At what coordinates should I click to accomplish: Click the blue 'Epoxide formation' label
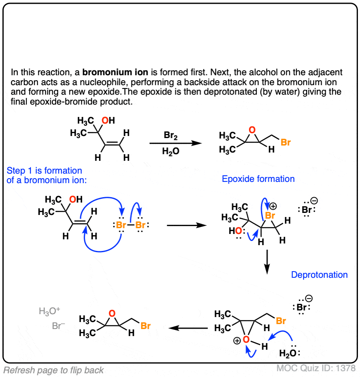pyautogui.click(x=258, y=179)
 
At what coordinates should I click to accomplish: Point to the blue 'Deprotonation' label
pyautogui.click(x=319, y=274)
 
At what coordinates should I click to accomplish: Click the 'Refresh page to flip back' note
pyautogui.click(x=54, y=370)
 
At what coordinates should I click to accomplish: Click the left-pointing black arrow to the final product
pyautogui.click(x=188, y=328)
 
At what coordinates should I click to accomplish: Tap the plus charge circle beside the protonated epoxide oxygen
pyautogui.click(x=237, y=341)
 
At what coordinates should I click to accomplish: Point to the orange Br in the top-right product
pyautogui.click(x=286, y=143)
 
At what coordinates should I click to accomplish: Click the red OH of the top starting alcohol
pyautogui.click(x=109, y=121)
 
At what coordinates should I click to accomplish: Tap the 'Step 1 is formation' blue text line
pyautogui.click(x=45, y=171)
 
